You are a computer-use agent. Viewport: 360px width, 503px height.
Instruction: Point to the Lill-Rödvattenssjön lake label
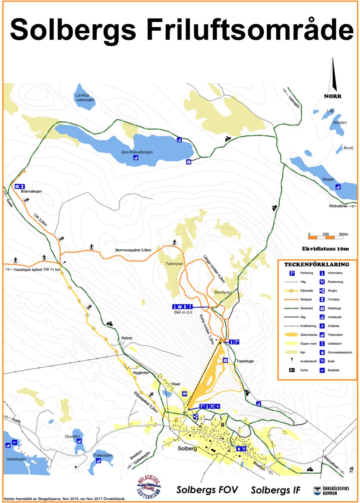coord(85,97)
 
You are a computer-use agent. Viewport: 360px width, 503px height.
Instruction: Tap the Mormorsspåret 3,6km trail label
coord(133,250)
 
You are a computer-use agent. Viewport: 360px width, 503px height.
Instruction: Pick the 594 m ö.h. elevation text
coord(183,312)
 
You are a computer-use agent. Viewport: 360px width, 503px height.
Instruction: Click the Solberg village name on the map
coord(187,449)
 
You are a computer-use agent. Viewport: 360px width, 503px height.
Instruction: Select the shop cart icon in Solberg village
coord(244,449)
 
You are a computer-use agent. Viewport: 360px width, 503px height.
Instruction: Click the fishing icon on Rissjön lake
coord(338,187)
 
